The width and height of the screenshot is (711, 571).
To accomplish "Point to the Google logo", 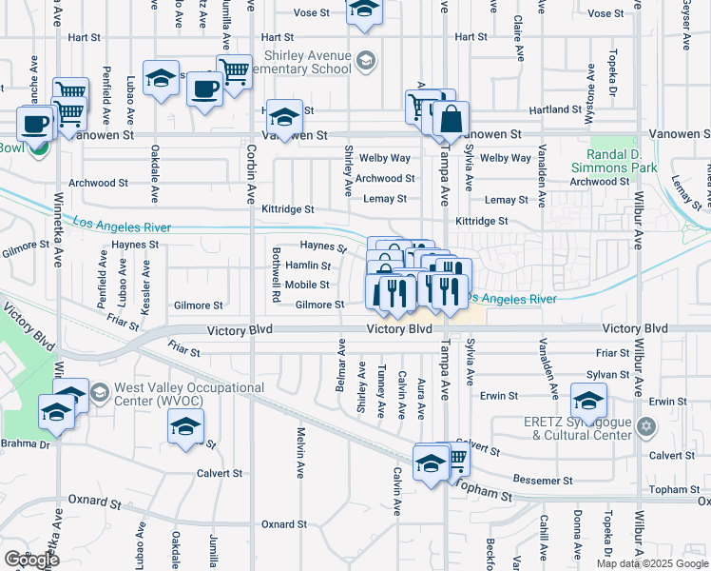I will click(31, 560).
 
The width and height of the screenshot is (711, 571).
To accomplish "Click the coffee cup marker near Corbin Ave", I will click(204, 90).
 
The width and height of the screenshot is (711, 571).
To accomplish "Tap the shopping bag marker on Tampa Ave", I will click(451, 120).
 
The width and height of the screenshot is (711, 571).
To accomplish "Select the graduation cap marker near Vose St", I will click(362, 10).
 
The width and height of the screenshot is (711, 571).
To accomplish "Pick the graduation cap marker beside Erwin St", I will click(588, 399).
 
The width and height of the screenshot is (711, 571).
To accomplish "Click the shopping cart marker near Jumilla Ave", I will click(234, 69).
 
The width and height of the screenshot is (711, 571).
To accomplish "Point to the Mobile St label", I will click(307, 285).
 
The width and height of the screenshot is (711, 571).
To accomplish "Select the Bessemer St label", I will click(539, 481).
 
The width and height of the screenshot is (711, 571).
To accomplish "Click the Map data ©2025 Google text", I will click(652, 562).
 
